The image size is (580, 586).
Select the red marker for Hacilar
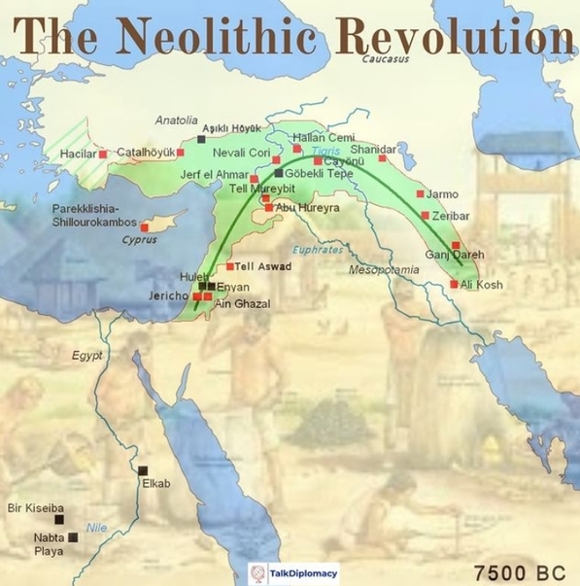(104, 154)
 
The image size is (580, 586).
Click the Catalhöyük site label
(145, 153)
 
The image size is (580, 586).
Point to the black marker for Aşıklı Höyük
(201, 139)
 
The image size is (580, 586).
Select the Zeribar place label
(454, 216)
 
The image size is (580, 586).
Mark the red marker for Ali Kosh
(454, 285)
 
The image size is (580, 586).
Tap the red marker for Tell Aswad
(230, 266)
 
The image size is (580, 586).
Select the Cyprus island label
(138, 239)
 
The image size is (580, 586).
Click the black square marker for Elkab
(143, 469)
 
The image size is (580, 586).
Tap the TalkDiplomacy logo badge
(293, 573)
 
